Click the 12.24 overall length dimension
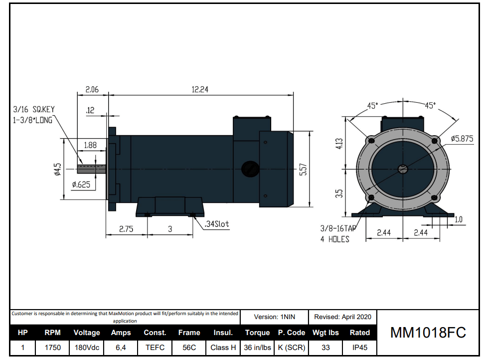tap(200, 90)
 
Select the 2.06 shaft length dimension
tap(92, 90)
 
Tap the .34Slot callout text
tap(217, 224)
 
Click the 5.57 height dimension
tap(303, 170)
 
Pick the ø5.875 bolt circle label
tap(462, 139)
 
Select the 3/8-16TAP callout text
tap(338, 228)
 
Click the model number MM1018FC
tap(428, 333)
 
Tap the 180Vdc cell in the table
tap(87, 348)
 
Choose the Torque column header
tap(257, 333)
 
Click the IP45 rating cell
tap(359, 348)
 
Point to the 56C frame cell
tap(189, 348)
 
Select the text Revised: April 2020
tap(342, 317)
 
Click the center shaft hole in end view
tap(403, 169)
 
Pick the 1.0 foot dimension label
tap(459, 220)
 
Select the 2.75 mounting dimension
tap(127, 229)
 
